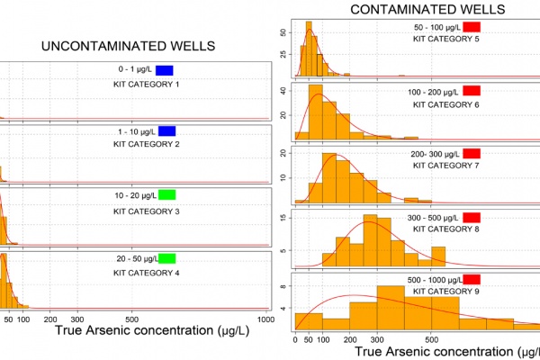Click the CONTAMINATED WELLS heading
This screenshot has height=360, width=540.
(x=414, y=10)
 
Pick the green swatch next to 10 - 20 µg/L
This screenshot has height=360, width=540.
(x=166, y=194)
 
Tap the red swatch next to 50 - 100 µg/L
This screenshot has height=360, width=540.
(x=472, y=27)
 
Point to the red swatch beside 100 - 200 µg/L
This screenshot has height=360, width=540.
(x=472, y=91)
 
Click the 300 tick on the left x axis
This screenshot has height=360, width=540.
(x=76, y=319)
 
